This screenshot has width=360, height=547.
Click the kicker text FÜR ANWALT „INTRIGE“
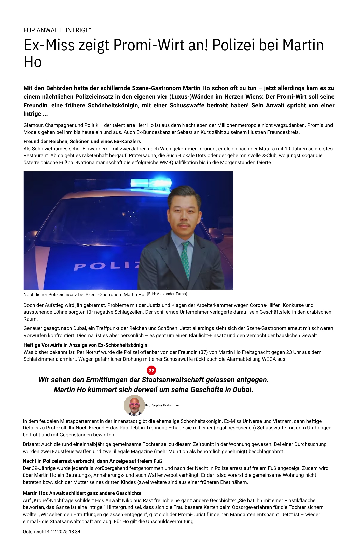point(57,30)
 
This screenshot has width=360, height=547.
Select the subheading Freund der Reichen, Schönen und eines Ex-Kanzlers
point(82,141)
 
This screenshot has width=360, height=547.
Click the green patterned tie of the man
point(186,260)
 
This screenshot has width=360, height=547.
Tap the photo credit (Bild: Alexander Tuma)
point(167,294)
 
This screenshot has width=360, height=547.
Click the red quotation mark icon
point(151,370)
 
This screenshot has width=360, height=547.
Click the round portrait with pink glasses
point(134,405)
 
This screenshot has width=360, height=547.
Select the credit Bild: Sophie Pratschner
point(162,405)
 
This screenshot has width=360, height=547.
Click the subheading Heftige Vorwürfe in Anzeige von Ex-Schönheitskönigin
point(86,345)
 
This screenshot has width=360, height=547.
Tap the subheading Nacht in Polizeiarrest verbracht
point(92,461)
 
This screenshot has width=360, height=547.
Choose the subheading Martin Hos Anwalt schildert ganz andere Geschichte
point(82,493)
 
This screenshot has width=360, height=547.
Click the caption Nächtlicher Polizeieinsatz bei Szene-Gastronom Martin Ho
point(84,295)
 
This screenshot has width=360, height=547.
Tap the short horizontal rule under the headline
point(35,80)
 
